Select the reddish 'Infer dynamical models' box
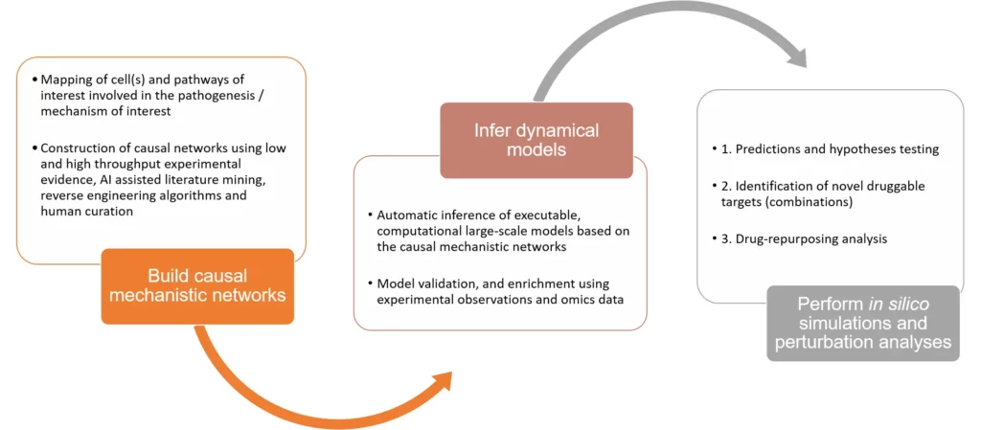[536, 140]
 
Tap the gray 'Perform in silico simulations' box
[862, 323]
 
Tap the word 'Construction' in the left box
[73, 148]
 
